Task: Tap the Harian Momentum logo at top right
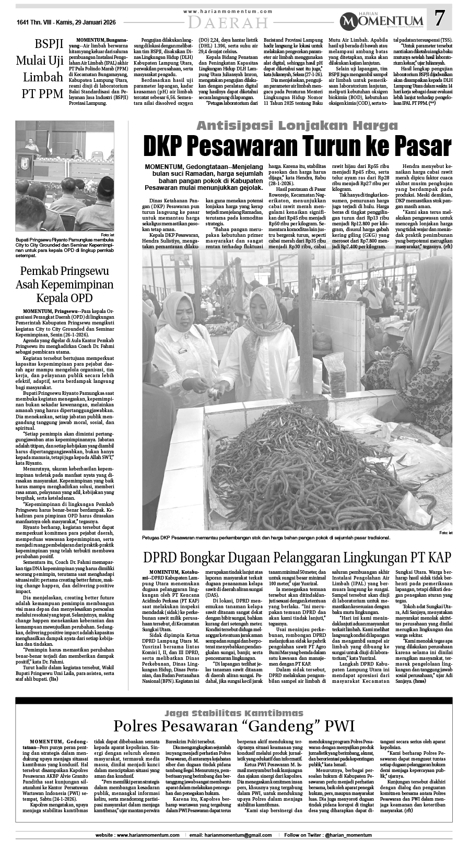tap(382, 20)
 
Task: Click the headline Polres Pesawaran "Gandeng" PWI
tap(234, 726)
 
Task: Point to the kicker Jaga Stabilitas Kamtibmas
tap(234, 713)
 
